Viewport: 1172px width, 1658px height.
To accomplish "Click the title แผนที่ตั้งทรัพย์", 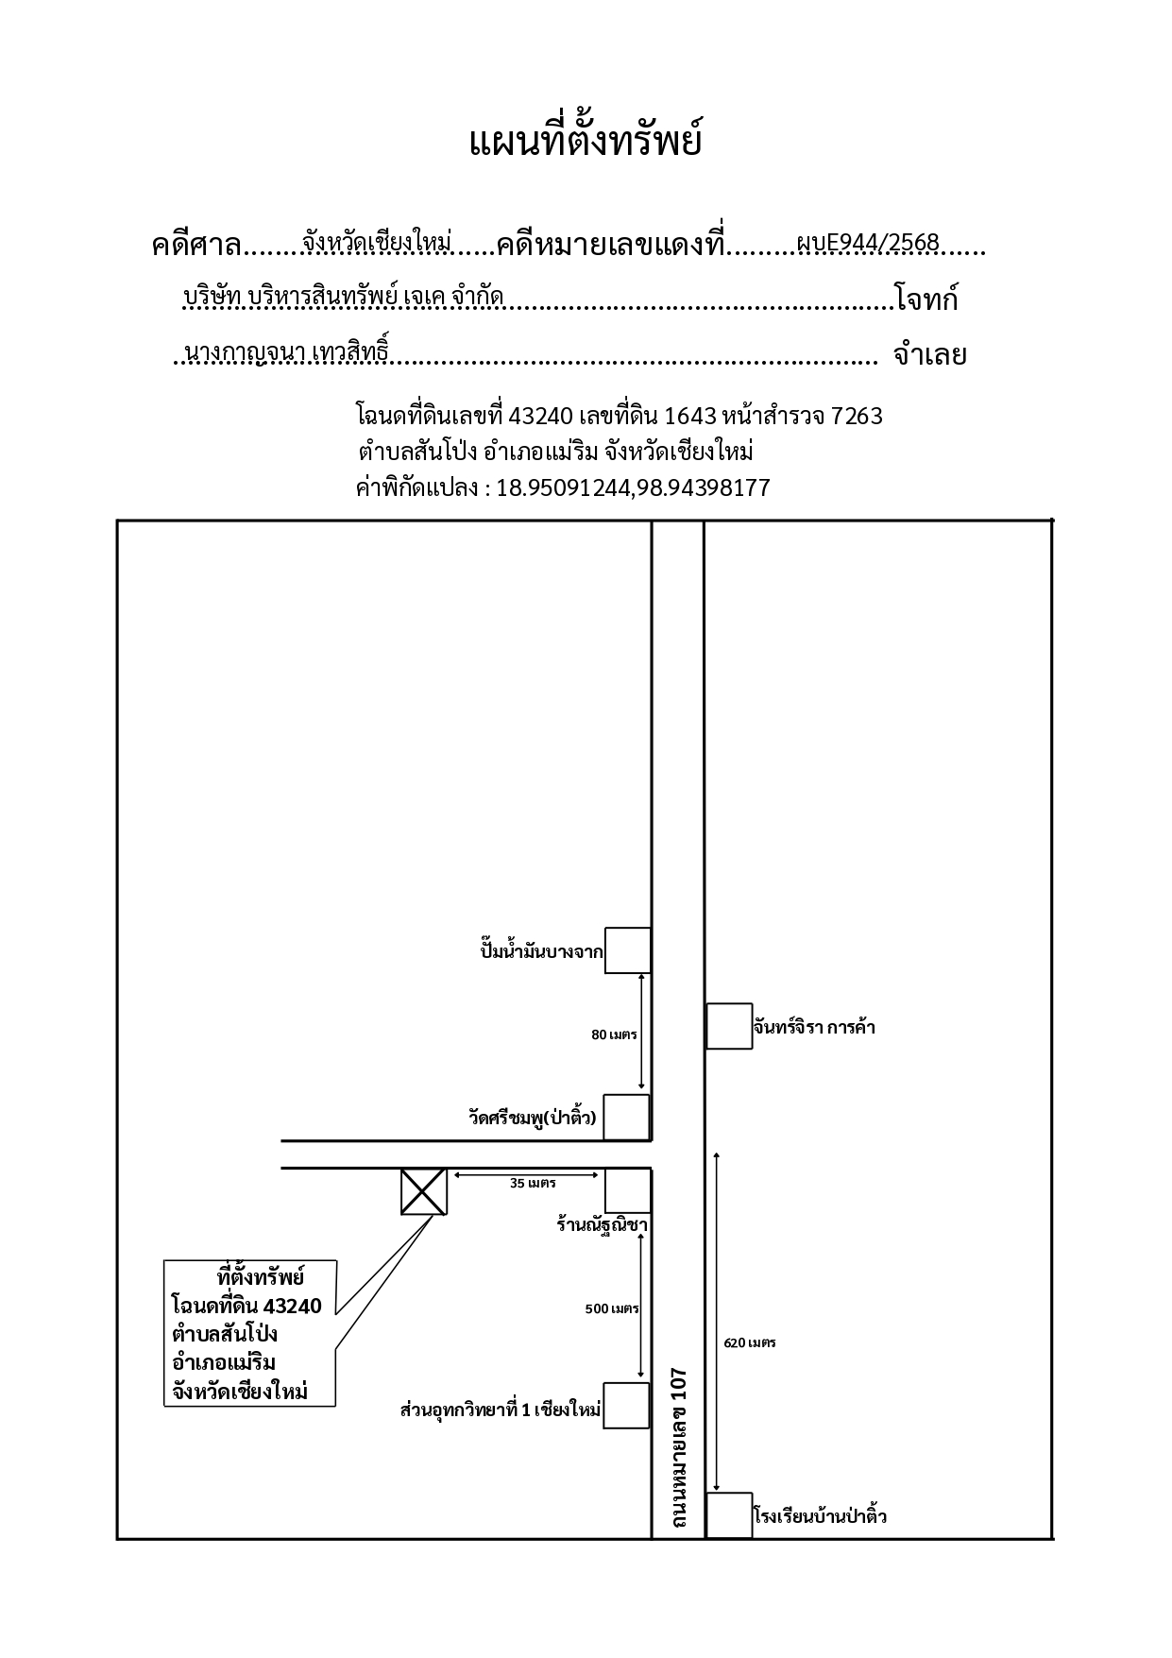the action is (586, 142).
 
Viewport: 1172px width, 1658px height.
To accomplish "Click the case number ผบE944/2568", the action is (868, 244).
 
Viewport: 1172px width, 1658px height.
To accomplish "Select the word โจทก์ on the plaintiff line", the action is (926, 299).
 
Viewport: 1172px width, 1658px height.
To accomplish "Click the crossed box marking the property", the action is (424, 1191).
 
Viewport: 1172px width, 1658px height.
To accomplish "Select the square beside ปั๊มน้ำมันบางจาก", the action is (627, 950).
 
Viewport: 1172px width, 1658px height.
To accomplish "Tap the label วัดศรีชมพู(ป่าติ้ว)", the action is (533, 1117).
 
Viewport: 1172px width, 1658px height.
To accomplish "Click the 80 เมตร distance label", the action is (614, 1034).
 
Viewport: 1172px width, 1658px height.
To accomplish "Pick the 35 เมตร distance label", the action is (533, 1183).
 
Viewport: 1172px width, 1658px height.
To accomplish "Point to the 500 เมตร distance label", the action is (612, 1308).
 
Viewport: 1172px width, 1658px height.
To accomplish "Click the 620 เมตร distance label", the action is (750, 1342).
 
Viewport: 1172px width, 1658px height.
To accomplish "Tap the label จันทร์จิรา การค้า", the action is (814, 1027).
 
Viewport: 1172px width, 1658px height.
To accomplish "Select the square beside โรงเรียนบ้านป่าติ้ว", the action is (729, 1516).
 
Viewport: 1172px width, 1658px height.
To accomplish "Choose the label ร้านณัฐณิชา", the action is (602, 1226).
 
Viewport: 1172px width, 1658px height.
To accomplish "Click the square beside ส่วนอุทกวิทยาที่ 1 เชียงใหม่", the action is (626, 1406).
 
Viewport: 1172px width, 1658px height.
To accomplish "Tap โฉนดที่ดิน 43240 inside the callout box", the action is (246, 1307).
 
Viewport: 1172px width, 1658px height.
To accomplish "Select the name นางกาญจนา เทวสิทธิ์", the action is (287, 352).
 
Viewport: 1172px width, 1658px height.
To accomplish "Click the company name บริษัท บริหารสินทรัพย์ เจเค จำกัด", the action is (344, 298).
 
